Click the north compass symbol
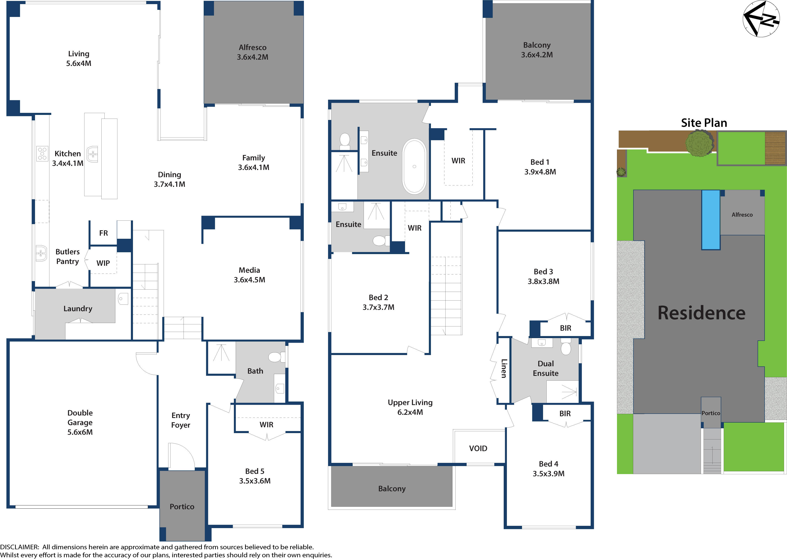[761, 19]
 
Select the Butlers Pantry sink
[41, 253]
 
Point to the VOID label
[478, 448]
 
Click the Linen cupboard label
[503, 369]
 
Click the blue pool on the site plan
[711, 220]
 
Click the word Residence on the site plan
[701, 313]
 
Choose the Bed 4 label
[549, 464]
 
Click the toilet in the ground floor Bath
[275, 357]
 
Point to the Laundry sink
[123, 298]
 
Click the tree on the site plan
[699, 143]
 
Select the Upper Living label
[410, 402]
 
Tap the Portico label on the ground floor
[182, 507]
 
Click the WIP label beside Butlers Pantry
[103, 263]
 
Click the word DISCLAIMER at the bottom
[19, 547]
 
